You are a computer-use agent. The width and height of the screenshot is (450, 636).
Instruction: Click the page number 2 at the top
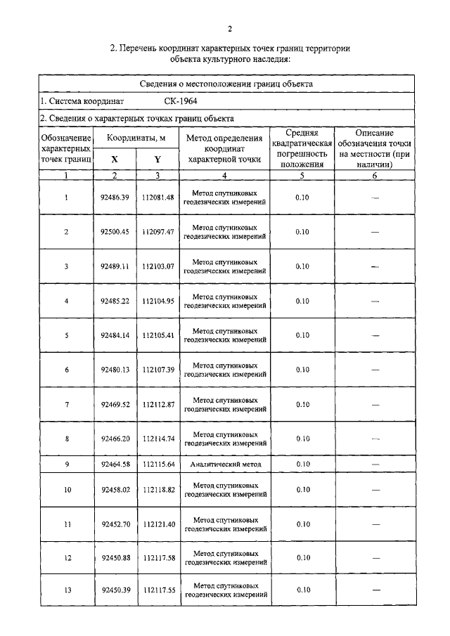point(229,28)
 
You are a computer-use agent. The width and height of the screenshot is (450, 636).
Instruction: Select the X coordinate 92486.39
point(115,197)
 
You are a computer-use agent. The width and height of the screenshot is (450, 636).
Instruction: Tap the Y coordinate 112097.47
point(157,232)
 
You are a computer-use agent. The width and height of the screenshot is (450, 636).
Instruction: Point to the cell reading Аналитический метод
point(225,465)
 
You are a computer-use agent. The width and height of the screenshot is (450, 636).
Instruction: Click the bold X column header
point(115,159)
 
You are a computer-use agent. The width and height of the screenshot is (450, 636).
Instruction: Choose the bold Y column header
point(157,159)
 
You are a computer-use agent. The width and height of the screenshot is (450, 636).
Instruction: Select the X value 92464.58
point(115,465)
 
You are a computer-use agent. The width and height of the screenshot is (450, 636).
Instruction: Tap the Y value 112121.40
point(157,524)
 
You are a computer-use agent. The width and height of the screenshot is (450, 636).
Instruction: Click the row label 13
point(67,590)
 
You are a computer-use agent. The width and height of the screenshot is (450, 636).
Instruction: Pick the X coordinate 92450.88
point(115,558)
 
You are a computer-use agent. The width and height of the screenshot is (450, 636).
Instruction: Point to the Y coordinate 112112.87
point(157,405)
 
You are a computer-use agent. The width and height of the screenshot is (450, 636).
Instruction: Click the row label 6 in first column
point(67,370)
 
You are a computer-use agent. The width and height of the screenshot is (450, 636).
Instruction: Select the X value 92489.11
point(115,266)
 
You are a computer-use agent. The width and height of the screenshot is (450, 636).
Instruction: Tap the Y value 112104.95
point(157,301)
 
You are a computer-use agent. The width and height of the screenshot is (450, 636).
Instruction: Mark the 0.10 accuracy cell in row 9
point(302,465)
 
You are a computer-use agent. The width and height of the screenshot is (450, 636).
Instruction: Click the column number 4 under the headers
point(224,175)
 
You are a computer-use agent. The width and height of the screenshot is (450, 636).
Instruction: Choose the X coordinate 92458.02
point(115,489)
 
